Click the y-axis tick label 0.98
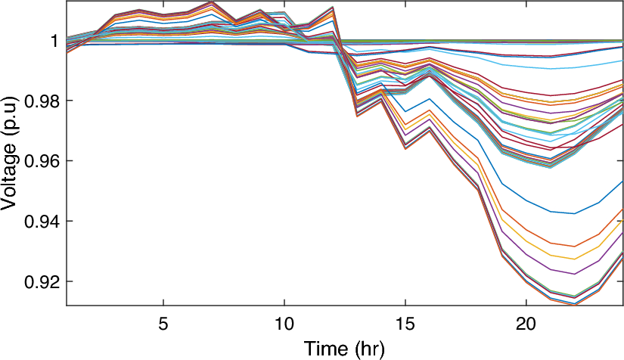(x=40, y=101)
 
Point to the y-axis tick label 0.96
(x=40, y=161)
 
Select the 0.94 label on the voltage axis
(x=40, y=221)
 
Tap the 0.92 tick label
(x=40, y=281)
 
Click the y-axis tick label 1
(x=54, y=40)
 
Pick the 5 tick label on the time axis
(x=163, y=323)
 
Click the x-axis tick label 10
(x=284, y=323)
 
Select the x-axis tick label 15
(x=405, y=323)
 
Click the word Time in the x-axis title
(x=324, y=349)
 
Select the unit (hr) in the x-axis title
(x=368, y=349)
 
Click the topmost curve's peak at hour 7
(x=212, y=2)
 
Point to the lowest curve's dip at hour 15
(x=405, y=149)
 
